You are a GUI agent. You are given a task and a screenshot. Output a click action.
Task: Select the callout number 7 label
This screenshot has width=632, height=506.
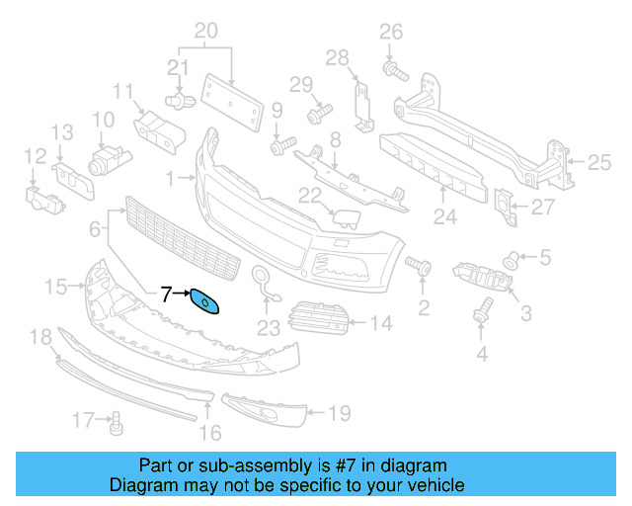pyautogui.click(x=166, y=293)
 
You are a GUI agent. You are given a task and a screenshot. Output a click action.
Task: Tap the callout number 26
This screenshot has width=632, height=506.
pyautogui.click(x=392, y=33)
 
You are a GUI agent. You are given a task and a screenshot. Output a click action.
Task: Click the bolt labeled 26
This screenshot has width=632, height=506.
pyautogui.click(x=392, y=69)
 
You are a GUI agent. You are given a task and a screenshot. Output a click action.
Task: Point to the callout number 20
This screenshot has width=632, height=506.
pyautogui.click(x=205, y=33)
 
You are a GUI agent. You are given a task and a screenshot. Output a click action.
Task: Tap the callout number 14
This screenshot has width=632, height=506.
pyautogui.click(x=381, y=321)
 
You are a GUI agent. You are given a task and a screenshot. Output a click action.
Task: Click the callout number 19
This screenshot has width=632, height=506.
pyautogui.click(x=339, y=413)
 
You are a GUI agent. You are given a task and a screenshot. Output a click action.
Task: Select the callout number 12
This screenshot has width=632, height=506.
pyautogui.click(x=35, y=155)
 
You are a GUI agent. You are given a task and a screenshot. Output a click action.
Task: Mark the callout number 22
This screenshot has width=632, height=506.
pyautogui.click(x=310, y=195)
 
